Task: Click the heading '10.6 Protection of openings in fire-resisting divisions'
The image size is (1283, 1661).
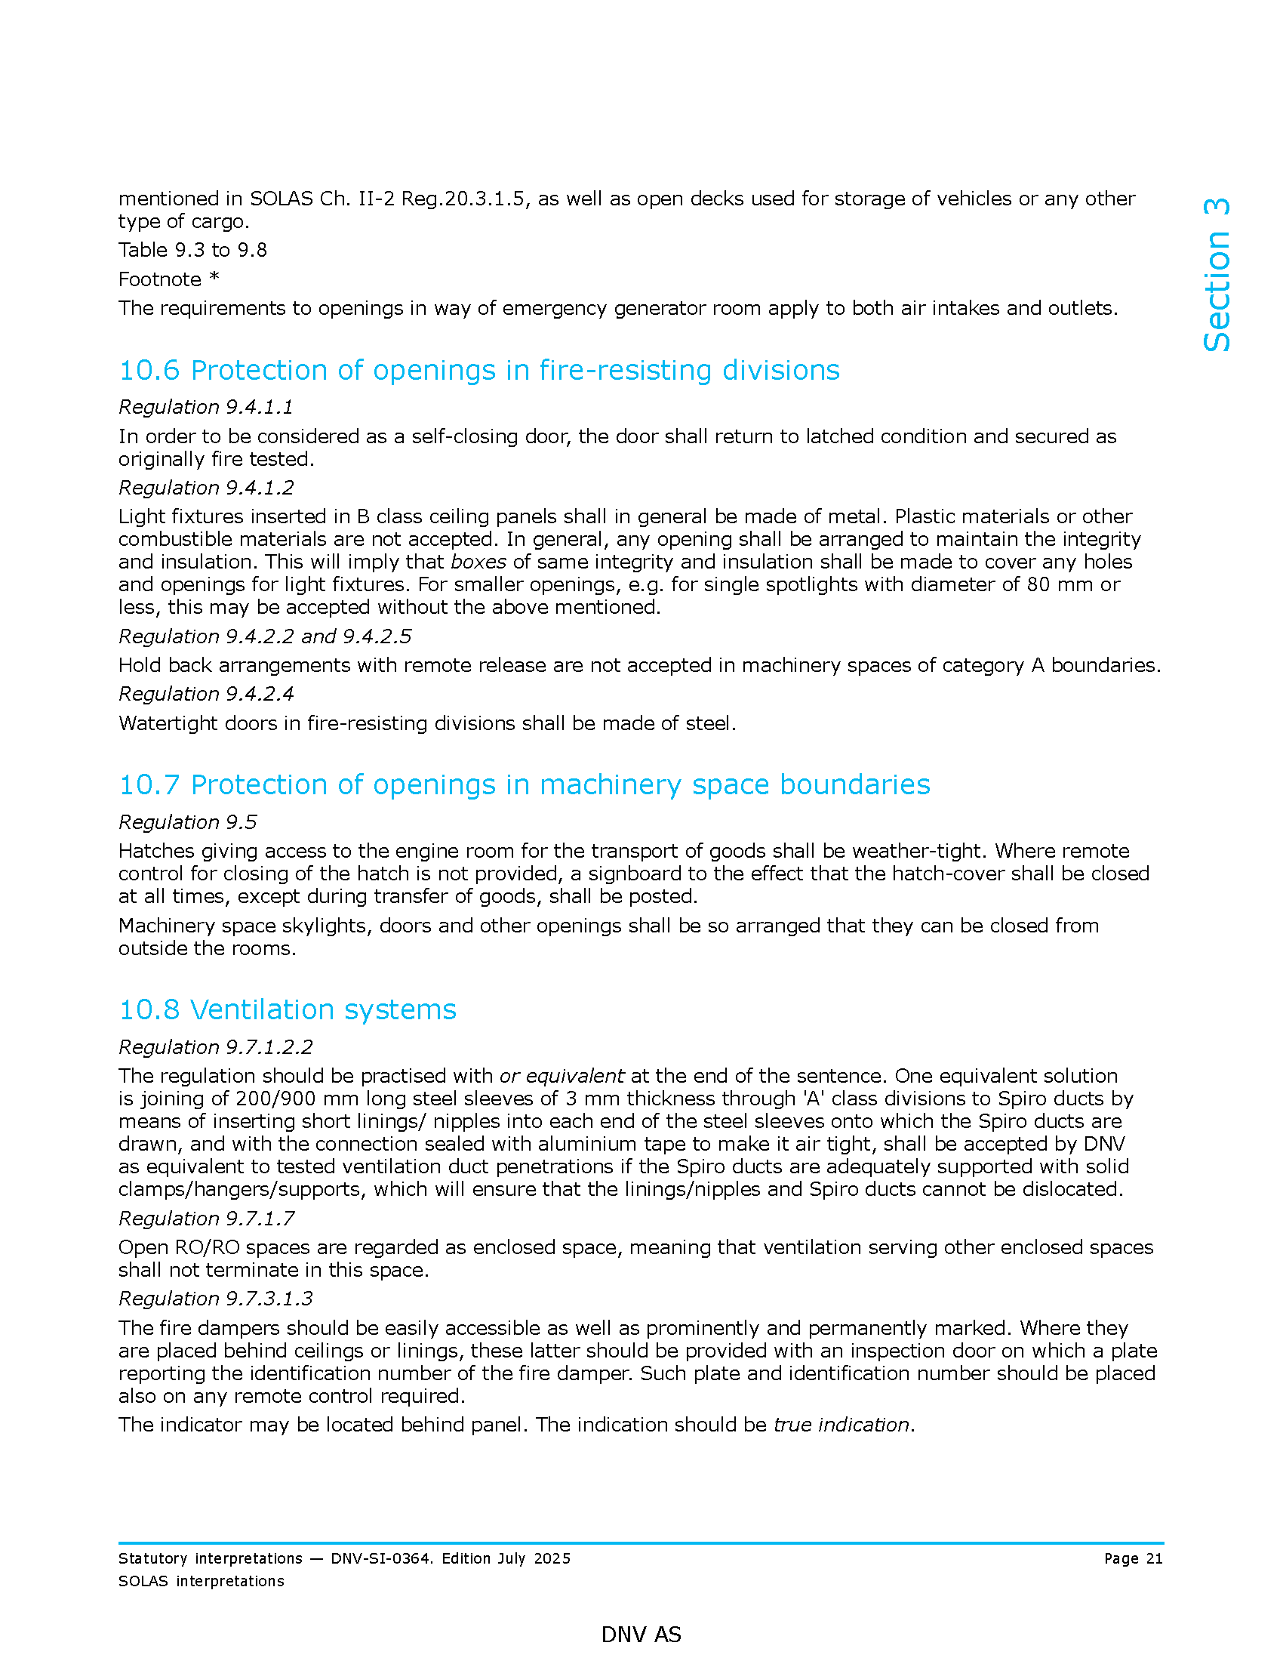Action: click(478, 371)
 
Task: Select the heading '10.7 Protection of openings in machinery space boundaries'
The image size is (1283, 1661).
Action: click(524, 785)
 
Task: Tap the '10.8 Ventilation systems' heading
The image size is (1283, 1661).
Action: click(288, 1010)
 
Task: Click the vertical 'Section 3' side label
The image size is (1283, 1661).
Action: click(1216, 275)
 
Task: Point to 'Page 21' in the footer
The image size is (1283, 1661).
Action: click(1133, 1558)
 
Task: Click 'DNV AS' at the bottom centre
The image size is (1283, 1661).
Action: click(641, 1635)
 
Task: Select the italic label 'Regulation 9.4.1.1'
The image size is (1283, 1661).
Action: click(205, 408)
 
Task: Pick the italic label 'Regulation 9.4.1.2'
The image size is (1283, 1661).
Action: click(206, 488)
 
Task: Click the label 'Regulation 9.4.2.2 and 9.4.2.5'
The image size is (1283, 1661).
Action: click(264, 636)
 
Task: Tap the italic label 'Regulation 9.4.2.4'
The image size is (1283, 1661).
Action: click(206, 694)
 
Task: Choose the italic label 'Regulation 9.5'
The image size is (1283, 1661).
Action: click(188, 822)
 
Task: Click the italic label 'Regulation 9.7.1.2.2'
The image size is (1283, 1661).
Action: click(216, 1047)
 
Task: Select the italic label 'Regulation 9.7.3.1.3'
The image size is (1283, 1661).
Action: click(216, 1299)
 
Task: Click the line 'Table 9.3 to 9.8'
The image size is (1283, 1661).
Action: click(192, 250)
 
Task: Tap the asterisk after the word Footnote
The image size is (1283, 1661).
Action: click(214, 278)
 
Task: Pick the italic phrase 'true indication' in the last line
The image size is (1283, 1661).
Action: click(841, 1425)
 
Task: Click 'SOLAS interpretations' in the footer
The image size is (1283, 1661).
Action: click(201, 1581)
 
